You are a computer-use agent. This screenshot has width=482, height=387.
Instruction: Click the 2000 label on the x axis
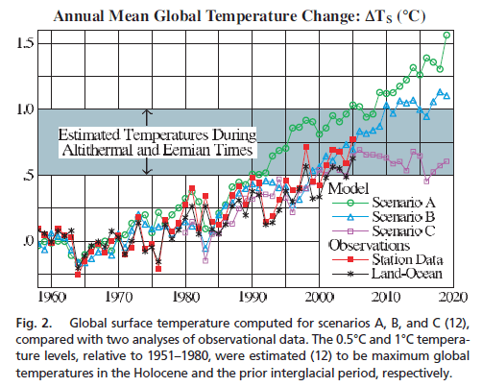321,296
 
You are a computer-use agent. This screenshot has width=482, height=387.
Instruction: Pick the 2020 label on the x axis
453,296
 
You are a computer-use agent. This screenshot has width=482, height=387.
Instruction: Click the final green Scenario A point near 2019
447,36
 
